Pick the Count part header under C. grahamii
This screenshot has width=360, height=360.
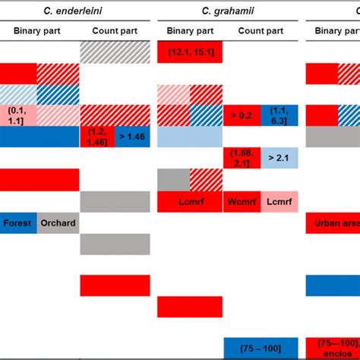click(x=259, y=31)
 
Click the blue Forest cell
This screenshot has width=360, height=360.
click(x=19, y=223)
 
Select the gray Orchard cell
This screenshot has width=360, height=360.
click(x=59, y=223)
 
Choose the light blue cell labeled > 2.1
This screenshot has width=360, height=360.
click(x=280, y=158)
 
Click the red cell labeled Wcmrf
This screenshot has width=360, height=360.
click(x=242, y=201)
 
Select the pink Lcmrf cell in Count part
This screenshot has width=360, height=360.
click(x=280, y=201)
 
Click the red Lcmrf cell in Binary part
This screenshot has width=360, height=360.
click(x=190, y=201)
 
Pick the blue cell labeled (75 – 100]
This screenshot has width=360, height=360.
click(x=261, y=348)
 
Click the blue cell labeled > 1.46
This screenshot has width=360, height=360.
click(x=135, y=137)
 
